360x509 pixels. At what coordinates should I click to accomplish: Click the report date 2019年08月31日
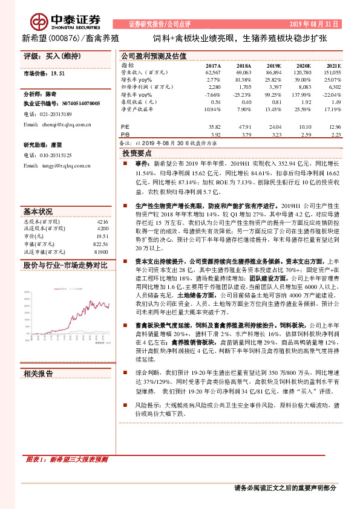tap(318, 24)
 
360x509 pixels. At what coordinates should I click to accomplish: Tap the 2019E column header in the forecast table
tap(273, 65)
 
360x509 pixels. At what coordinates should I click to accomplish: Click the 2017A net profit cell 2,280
tap(213, 87)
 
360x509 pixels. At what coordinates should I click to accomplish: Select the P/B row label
tap(126, 135)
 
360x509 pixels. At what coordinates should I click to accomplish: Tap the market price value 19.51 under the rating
tap(59, 73)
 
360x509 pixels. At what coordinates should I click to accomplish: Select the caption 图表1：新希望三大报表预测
tap(68, 460)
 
